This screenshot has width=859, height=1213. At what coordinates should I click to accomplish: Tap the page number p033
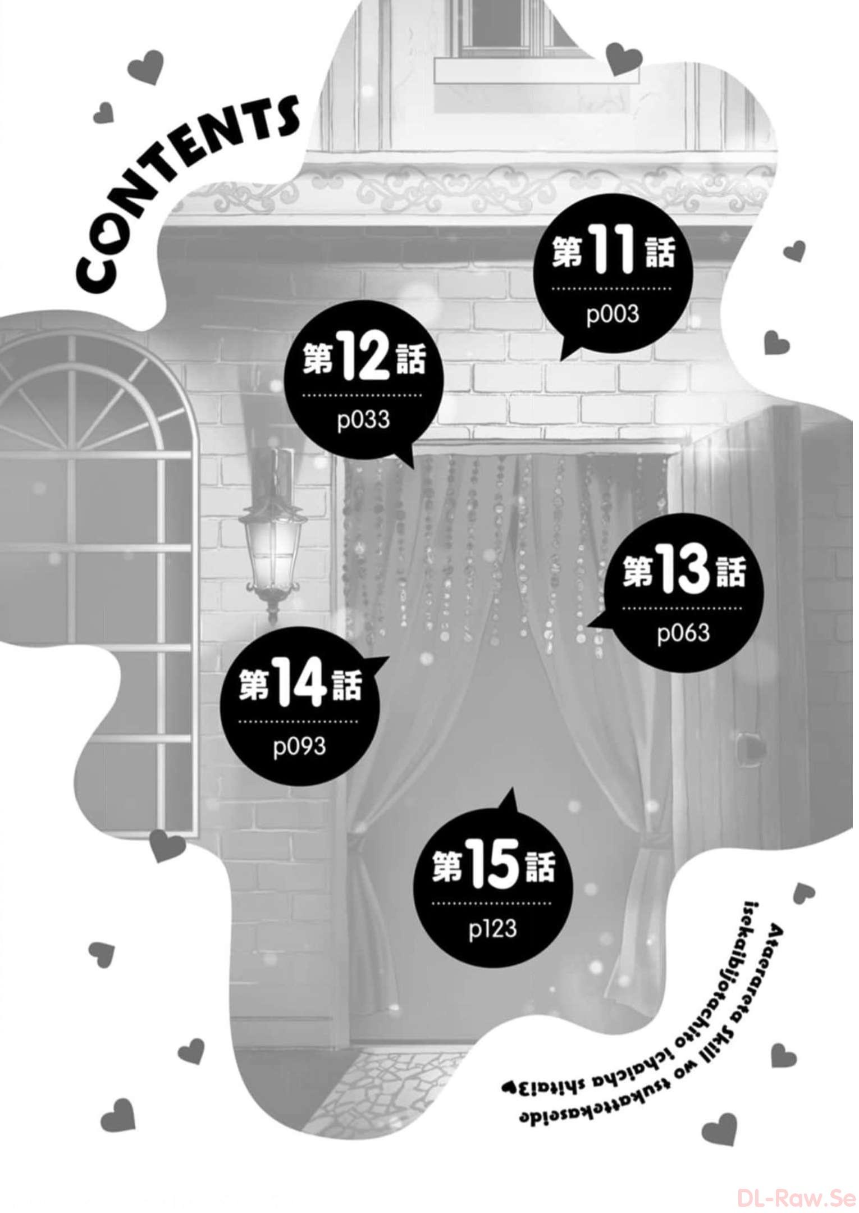[363, 420]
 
